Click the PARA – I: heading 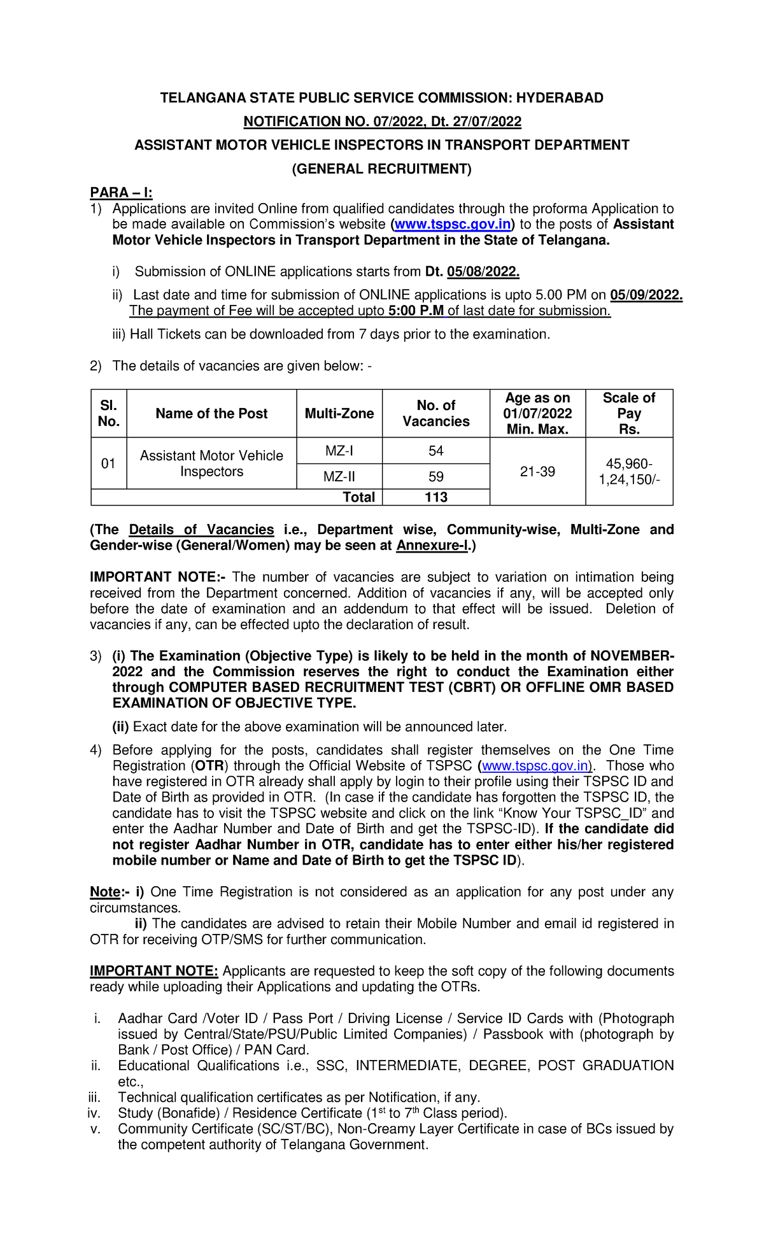pos(121,192)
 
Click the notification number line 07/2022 pos(382,122)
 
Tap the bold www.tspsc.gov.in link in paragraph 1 pos(453,224)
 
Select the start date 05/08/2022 pos(483,272)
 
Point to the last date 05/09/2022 pos(646,295)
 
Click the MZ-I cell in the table pos(339,451)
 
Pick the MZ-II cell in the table pos(339,477)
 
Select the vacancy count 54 pos(435,451)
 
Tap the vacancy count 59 pos(435,477)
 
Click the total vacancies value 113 pos(436,497)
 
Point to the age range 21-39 pos(537,472)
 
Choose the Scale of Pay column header pos(628,413)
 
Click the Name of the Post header pos(211,413)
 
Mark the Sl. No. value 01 pos(108,463)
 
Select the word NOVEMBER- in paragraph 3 pos(632,656)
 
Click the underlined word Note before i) pos(105,892)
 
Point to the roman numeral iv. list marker pos(94,1113)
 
